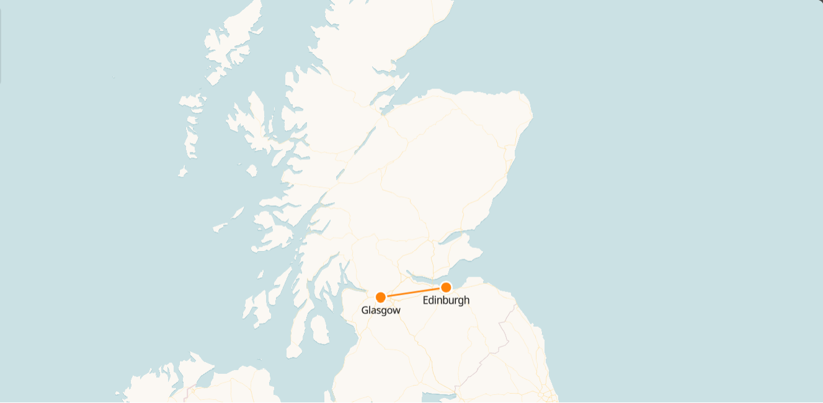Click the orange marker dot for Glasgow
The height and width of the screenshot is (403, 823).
(x=381, y=297)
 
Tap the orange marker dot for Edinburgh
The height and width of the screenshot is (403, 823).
(x=446, y=287)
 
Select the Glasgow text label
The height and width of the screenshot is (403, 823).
(x=381, y=311)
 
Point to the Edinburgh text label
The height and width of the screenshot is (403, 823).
(x=446, y=301)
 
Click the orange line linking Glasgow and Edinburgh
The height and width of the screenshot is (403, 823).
(x=413, y=292)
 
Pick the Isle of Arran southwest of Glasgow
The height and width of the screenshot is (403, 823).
(x=320, y=330)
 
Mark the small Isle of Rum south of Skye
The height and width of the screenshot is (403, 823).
(x=252, y=169)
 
